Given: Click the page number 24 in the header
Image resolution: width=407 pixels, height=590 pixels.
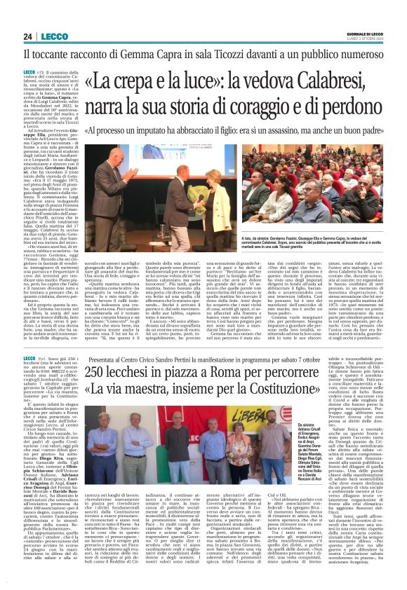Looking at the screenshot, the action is click(28, 36).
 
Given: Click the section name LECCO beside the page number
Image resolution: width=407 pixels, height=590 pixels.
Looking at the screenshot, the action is click(53, 36).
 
